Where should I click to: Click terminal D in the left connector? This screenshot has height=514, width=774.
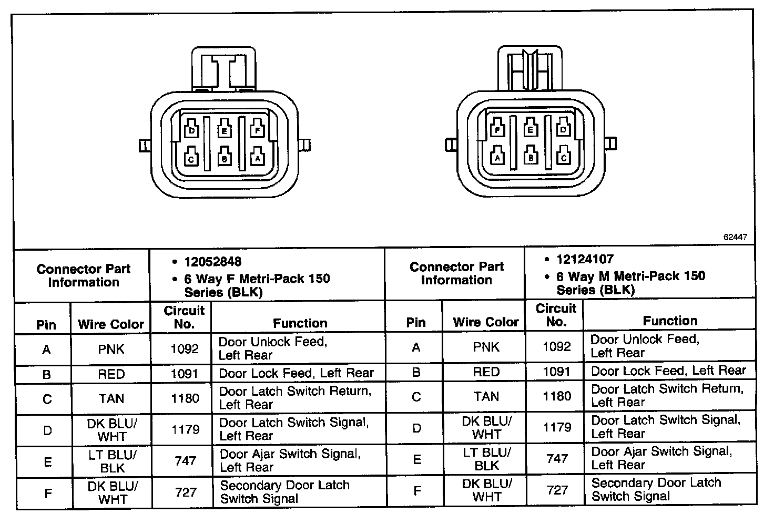pos(192,130)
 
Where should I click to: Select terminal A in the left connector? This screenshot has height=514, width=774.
pos(257,157)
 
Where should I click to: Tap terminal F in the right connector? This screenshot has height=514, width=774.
pos(497,129)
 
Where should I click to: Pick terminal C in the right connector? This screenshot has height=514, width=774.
pos(564,157)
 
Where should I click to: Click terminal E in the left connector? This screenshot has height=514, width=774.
pos(225,130)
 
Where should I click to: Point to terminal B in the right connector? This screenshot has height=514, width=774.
pos(531,157)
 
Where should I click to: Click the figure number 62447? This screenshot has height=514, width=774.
pos(735,237)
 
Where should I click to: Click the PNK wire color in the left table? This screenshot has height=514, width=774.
pos(111,349)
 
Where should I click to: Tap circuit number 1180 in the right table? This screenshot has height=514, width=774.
pos(556,396)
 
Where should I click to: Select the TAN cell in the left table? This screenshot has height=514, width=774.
pos(111,398)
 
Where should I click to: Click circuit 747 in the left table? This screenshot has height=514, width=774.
pos(185,461)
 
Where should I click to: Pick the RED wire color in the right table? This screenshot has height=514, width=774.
pos(486,372)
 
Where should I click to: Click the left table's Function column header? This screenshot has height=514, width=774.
pos(300,323)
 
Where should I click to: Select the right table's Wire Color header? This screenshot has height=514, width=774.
pos(485,322)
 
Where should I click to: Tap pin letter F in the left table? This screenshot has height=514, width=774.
pos(47,493)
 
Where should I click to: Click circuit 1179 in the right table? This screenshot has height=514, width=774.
pos(556,427)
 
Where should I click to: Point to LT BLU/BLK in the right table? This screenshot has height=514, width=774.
pos(486,458)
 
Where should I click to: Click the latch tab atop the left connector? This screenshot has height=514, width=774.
pos(225,68)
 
